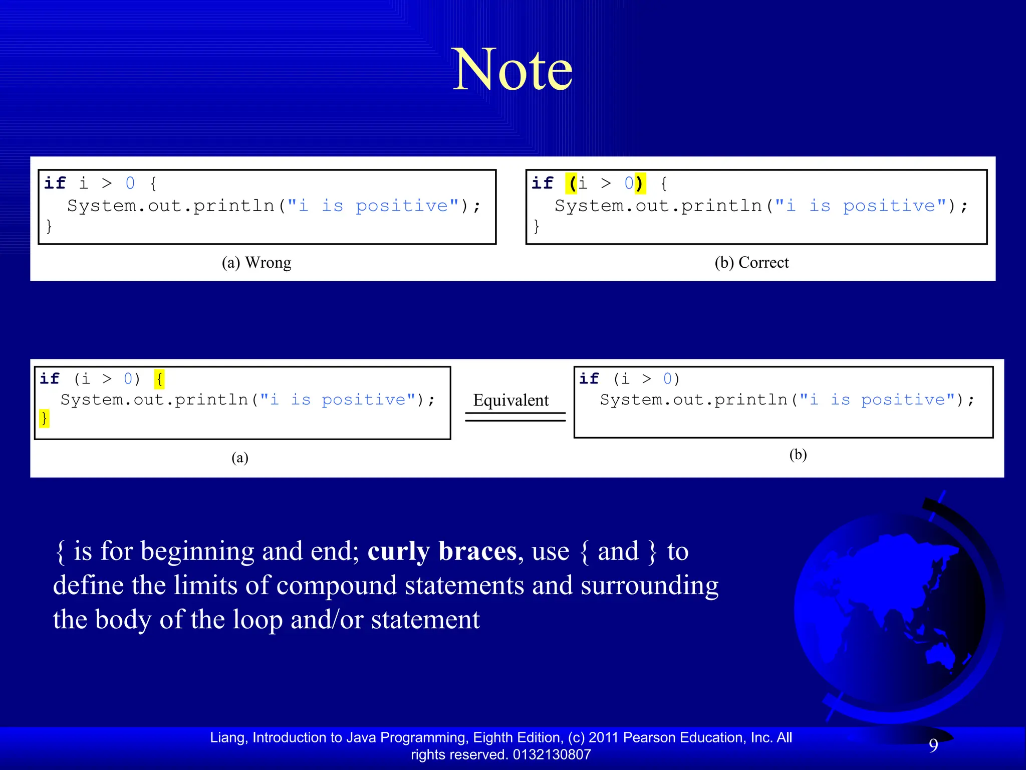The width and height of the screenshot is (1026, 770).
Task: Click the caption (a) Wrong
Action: (x=256, y=262)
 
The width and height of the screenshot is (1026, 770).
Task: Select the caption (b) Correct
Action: (x=751, y=262)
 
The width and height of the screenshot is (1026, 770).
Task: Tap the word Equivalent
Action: (x=511, y=400)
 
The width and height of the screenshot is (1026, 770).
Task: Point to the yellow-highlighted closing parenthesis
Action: (x=639, y=183)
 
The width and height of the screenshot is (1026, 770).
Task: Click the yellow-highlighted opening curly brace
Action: (x=159, y=378)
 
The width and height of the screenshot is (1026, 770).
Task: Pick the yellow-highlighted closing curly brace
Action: (x=44, y=418)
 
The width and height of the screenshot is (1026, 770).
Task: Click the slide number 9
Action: (x=933, y=745)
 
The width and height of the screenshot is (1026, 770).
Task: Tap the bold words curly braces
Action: (x=442, y=551)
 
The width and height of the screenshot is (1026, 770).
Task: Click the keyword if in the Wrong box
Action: (x=55, y=183)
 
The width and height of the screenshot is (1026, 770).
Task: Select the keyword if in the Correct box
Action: (x=542, y=183)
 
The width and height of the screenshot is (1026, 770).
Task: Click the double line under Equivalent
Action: (x=515, y=417)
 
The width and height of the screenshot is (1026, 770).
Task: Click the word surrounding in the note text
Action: (x=649, y=586)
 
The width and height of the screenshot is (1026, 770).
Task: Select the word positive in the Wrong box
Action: (x=402, y=206)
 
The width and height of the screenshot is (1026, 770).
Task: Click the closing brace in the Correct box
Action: (x=536, y=226)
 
